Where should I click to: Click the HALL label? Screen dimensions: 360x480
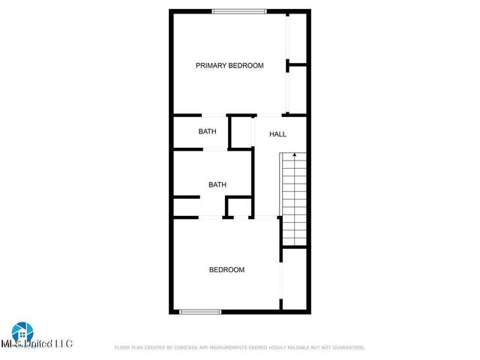(x=277, y=134)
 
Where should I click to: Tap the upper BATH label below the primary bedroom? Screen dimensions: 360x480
(x=208, y=131)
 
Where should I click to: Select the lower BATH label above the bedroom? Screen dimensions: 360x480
(x=217, y=184)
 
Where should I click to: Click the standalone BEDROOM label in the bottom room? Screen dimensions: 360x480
(x=226, y=270)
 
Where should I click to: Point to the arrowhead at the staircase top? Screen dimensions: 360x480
(x=295, y=155)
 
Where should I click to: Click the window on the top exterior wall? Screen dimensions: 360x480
(x=239, y=11)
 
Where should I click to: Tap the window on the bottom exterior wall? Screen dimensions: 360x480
(x=200, y=311)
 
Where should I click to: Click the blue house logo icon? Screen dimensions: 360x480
(x=22, y=332)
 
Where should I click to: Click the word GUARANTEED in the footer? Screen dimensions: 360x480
(x=346, y=348)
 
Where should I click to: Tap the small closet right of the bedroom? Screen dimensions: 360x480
(x=295, y=279)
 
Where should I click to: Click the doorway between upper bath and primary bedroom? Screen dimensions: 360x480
(x=214, y=115)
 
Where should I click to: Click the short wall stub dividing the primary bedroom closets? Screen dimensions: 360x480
(x=298, y=66)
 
